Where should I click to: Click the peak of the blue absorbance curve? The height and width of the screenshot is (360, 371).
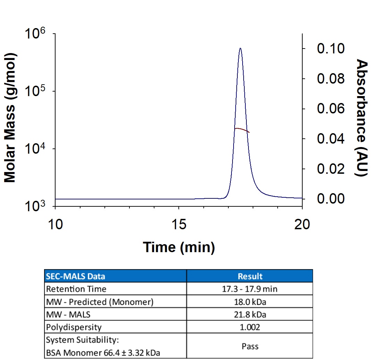coord(241,48)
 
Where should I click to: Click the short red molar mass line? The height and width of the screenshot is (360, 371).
coord(242,129)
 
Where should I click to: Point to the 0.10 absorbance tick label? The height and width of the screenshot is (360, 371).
coord(330,49)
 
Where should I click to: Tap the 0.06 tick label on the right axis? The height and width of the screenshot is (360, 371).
coord(330,109)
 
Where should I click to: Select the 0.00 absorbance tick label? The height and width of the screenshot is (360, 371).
coord(330,199)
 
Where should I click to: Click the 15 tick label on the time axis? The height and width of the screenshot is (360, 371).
coord(179,224)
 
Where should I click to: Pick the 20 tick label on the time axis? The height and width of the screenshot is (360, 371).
coord(302,224)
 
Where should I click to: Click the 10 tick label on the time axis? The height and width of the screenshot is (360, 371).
coord(56,224)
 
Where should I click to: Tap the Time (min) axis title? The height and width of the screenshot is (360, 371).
coord(179,248)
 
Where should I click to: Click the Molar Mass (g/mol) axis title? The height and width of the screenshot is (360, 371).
coord(10,118)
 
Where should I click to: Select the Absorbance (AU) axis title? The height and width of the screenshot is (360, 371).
coord(361,118)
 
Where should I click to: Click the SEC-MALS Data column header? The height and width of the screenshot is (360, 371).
coord(75,276)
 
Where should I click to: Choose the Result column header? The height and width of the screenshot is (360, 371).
coord(250,276)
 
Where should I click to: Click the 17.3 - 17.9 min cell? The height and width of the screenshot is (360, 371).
coord(250,289)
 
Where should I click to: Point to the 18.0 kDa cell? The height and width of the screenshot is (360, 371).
coord(250,302)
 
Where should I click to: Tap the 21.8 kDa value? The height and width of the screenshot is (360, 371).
coord(250,315)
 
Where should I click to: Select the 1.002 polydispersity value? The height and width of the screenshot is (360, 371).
coord(250,327)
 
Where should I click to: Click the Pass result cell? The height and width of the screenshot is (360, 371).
coord(250,346)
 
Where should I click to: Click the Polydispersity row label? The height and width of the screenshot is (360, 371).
coord(74,327)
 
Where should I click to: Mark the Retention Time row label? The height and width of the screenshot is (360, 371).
coord(76,289)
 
